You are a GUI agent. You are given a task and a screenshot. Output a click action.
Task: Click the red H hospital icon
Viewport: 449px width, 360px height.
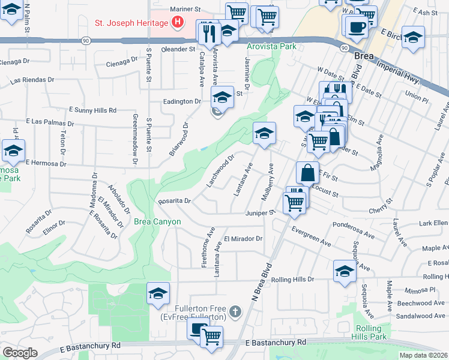(178, 23)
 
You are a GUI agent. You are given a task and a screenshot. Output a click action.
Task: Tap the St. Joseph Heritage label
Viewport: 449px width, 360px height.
(131, 23)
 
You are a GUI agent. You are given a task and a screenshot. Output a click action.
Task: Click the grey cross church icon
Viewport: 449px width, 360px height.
(235, 311)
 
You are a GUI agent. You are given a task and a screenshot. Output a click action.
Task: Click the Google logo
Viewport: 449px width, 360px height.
(20, 353)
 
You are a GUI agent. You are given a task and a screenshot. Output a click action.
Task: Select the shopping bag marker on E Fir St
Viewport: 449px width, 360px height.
(307, 173)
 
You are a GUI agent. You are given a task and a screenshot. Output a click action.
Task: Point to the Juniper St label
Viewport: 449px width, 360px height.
(260, 212)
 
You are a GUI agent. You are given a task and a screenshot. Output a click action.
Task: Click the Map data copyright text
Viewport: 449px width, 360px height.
(423, 355)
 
